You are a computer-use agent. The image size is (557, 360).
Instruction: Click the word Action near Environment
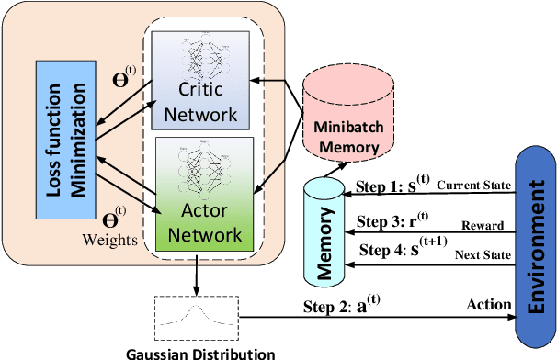(x=482, y=302)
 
